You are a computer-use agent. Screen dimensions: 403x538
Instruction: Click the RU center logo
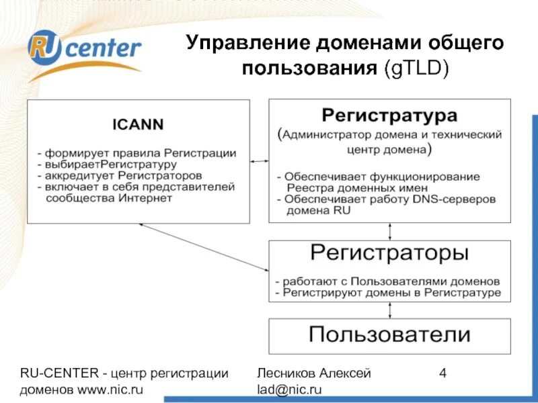pos(85,50)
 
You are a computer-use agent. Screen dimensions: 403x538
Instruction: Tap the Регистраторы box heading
pos(389,253)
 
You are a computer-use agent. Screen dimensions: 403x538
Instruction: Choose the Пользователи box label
pos(389,334)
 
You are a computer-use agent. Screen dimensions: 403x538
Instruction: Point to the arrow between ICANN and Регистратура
pos(259,161)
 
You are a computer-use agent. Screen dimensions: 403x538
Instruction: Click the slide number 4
pos(443,373)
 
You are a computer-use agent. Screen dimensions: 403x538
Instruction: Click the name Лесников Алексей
pos(313,373)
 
